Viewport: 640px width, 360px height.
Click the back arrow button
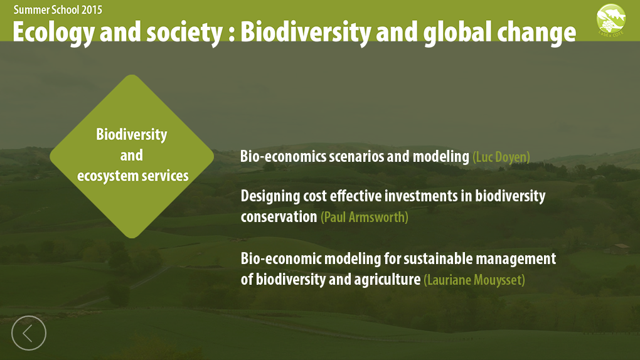[29, 332]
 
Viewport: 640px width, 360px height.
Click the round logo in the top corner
[611, 20]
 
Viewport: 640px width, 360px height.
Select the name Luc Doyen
[501, 157]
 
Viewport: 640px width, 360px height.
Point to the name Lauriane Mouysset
[474, 280]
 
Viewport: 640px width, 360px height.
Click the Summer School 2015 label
[58, 9]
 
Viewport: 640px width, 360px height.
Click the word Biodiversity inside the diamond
[132, 134]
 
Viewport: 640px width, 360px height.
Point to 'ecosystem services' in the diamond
[132, 176]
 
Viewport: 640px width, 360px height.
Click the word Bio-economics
[283, 156]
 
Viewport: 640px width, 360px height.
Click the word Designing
[271, 196]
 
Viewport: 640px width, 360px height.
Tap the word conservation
[279, 217]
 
